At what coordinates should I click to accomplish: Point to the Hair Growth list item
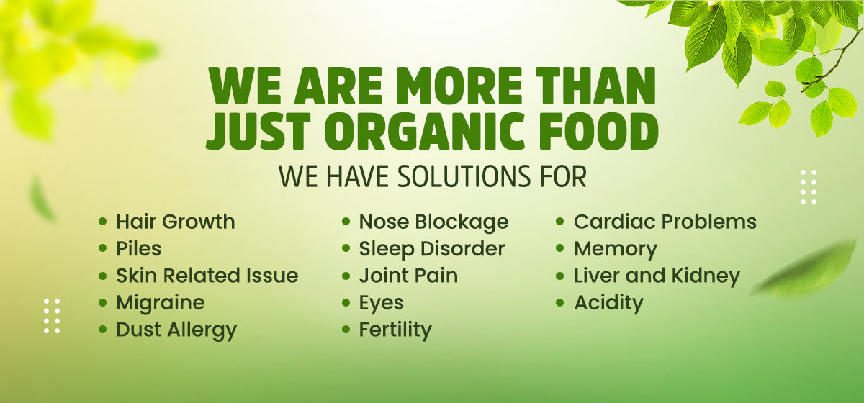[176, 222]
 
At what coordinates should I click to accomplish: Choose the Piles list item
[138, 249]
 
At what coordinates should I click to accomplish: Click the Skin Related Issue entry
[207, 276]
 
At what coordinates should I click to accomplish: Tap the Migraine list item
[161, 303]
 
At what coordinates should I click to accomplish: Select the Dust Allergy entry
[176, 330]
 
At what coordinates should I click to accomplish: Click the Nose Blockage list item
[433, 222]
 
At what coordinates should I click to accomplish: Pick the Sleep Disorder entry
[431, 249]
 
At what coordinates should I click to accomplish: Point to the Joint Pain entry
[408, 276]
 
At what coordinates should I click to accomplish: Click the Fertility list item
[395, 330]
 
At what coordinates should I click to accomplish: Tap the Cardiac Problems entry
[665, 222]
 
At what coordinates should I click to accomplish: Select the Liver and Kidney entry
[657, 276]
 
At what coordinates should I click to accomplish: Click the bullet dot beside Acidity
[560, 303]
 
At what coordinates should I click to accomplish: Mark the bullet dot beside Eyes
[346, 303]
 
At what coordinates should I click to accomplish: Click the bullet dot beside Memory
[560, 248]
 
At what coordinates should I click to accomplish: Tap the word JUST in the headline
[258, 131]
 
